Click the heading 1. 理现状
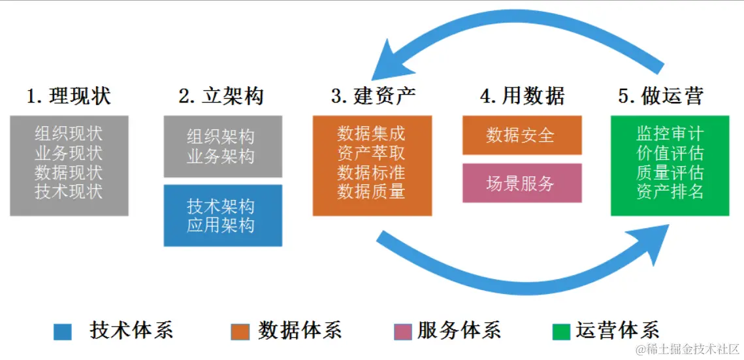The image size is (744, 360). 69,97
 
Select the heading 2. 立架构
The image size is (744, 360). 221,97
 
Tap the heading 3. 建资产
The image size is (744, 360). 373,97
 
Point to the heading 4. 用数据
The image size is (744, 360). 523,97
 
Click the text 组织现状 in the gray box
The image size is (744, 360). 69,135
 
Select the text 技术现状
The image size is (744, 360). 69,192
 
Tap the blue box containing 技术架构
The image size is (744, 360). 223,216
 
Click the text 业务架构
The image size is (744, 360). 221,157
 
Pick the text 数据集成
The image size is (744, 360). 371,134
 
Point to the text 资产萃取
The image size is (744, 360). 371,154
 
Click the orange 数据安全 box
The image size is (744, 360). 521,135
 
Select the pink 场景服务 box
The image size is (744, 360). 521,183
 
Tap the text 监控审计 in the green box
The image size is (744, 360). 670,134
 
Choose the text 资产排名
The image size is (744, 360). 670,192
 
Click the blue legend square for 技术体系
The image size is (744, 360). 63,332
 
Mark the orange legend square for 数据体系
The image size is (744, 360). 240,332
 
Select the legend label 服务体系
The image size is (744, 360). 459,331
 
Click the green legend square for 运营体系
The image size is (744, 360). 561,332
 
